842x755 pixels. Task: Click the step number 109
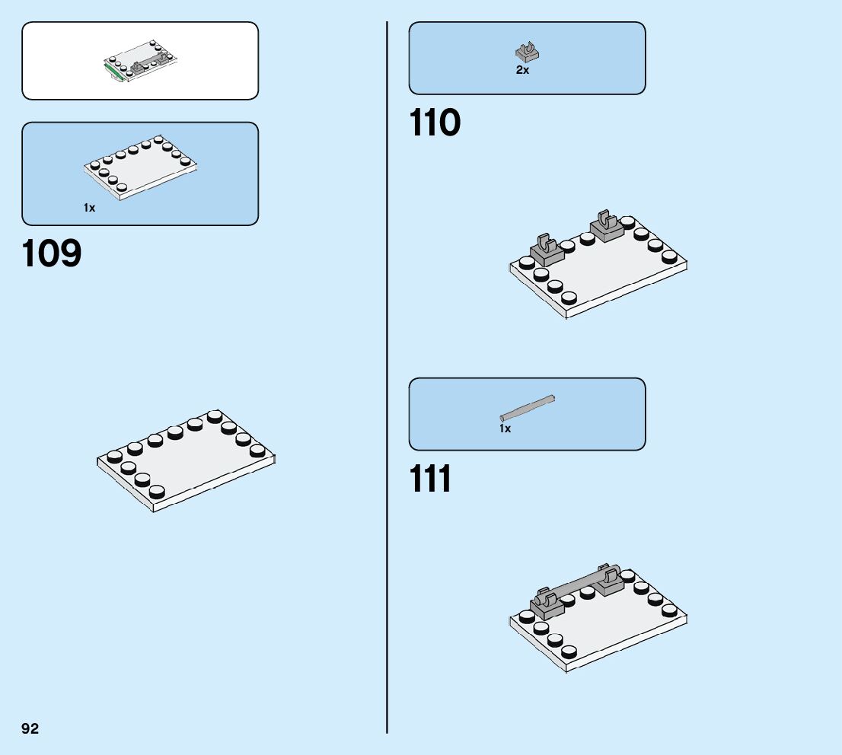(52, 254)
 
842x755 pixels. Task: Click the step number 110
(435, 123)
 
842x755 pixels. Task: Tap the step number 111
(431, 479)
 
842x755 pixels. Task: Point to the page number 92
(30, 728)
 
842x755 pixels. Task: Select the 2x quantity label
(522, 70)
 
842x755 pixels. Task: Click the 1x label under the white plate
(90, 208)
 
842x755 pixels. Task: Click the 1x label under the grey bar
(505, 428)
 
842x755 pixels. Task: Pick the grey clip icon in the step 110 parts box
(527, 52)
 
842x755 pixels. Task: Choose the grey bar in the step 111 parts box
(527, 407)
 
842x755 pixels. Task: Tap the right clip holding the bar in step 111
(609, 580)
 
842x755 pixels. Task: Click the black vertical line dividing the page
(387, 381)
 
